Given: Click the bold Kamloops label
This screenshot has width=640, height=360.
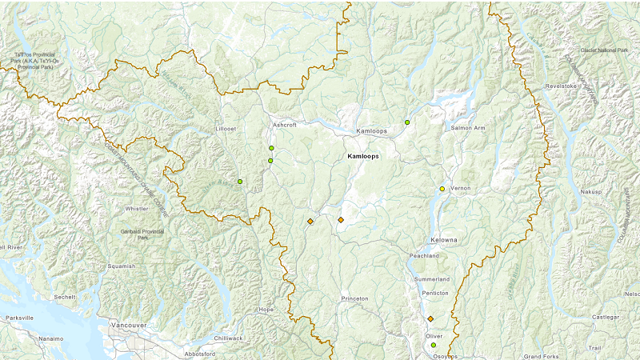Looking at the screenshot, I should [x=363, y=157].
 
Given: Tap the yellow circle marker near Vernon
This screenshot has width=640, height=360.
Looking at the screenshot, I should [x=442, y=189].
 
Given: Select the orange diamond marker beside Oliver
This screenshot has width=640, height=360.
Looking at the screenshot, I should [x=430, y=318].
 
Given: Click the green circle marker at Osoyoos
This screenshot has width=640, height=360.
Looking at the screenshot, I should [x=434, y=346].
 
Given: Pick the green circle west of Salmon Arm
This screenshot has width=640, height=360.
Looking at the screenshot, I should [x=407, y=122].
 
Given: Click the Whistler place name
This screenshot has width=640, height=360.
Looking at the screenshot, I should [x=136, y=209].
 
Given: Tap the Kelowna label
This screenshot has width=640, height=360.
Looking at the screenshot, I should [x=444, y=240].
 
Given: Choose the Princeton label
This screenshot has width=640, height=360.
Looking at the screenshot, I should [x=354, y=298].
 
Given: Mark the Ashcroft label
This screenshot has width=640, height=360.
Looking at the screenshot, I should [x=284, y=126].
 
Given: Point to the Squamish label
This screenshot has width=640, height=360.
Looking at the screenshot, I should [x=122, y=266].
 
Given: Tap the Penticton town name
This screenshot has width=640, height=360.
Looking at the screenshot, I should [x=435, y=293].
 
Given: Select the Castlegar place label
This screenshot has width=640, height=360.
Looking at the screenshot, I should [x=605, y=318].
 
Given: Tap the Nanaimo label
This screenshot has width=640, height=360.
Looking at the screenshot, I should [x=50, y=339].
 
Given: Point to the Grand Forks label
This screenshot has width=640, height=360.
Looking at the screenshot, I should [x=539, y=356].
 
